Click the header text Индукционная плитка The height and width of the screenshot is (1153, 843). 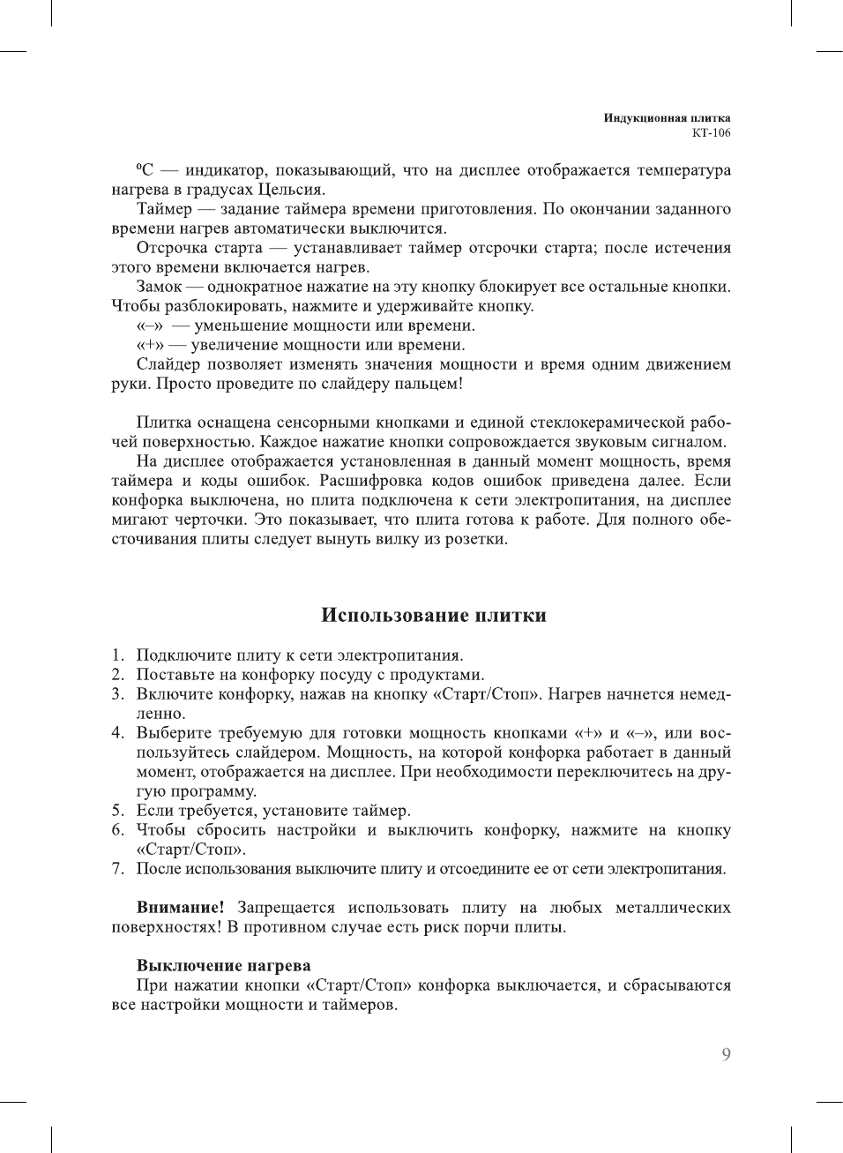click(667, 117)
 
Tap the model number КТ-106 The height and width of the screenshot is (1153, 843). click(711, 133)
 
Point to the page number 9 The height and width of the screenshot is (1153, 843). click(726, 1054)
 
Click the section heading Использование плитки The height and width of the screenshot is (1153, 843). click(433, 615)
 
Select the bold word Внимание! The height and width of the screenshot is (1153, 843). click(180, 907)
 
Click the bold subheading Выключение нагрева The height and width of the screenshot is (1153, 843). click(223, 965)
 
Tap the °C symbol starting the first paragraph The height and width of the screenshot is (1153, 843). click(145, 170)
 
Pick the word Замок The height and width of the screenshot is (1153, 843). click(159, 287)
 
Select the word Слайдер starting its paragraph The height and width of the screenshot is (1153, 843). click(168, 364)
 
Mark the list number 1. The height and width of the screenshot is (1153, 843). click(117, 655)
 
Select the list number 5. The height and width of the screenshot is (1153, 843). click(117, 810)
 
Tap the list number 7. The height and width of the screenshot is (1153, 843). click(117, 868)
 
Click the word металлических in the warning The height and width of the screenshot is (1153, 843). click(673, 907)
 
